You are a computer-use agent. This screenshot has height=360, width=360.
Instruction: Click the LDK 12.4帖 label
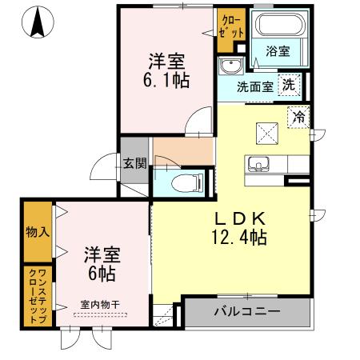click(238, 227)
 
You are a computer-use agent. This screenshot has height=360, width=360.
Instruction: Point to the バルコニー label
click(246, 311)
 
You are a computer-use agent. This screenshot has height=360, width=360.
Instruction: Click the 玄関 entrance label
click(134, 164)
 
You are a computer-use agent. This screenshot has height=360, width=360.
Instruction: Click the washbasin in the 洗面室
click(231, 66)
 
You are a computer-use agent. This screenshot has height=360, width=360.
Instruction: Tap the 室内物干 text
click(100, 304)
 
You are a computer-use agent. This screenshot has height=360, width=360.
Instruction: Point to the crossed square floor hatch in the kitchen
click(266, 132)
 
